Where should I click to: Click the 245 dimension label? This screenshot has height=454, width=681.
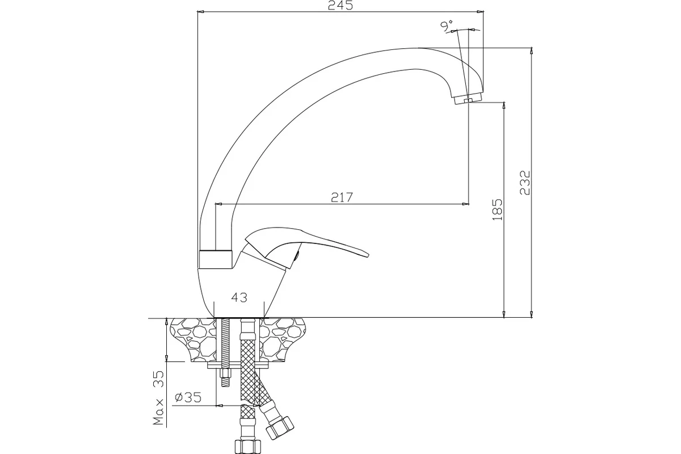click(340, 5)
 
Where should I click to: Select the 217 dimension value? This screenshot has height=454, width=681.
click(342, 197)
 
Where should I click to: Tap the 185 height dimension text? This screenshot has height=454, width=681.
click(497, 210)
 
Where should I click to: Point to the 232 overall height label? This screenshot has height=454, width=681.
click(525, 183)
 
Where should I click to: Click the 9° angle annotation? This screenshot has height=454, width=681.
click(447, 26)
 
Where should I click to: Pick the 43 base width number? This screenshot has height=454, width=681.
click(239, 298)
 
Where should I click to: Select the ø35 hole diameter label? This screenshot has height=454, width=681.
click(188, 397)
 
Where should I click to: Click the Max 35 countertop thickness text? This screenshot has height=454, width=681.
click(158, 398)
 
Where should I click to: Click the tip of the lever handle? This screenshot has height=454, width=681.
click(368, 255)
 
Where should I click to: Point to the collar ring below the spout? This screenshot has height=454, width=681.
click(216, 259)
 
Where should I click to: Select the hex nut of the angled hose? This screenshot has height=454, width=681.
click(280, 428)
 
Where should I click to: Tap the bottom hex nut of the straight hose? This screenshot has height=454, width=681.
click(249, 447)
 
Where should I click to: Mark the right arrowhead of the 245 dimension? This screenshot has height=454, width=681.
click(480, 12)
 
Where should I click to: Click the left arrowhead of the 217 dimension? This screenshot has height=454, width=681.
click(219, 204)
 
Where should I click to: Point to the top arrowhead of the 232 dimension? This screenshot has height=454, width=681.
click(531, 51)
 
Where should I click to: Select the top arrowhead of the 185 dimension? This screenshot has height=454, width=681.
click(504, 106)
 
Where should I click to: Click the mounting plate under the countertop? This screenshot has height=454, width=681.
click(238, 365)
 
